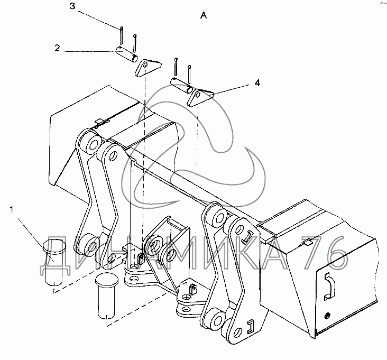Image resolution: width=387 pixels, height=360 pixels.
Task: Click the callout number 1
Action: pyautogui.click(x=11, y=210)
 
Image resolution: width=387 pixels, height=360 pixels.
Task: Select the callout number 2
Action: pyautogui.click(x=57, y=48)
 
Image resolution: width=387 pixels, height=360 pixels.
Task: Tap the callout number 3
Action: pyautogui.click(x=72, y=6)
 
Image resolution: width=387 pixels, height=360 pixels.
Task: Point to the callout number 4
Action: pyautogui.click(x=257, y=82)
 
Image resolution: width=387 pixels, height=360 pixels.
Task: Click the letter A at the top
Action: pyautogui.click(x=204, y=15)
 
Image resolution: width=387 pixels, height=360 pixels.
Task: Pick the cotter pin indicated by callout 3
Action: pyautogui.click(x=122, y=36)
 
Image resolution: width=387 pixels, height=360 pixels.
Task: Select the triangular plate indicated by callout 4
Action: pyautogui.click(x=200, y=98)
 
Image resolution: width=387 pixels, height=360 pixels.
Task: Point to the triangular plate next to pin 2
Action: pyautogui.click(x=148, y=68)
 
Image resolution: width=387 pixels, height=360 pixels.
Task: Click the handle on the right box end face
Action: pyautogui.click(x=329, y=287)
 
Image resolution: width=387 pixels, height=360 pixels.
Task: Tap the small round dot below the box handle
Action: pyautogui.click(x=327, y=316)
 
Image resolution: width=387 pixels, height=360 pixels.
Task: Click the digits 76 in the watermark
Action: pyautogui.click(x=325, y=252)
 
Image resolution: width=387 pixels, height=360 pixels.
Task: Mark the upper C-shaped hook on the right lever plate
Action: pyautogui.click(x=247, y=237)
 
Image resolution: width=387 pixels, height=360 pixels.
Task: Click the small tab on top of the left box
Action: pyautogui.click(x=103, y=122)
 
